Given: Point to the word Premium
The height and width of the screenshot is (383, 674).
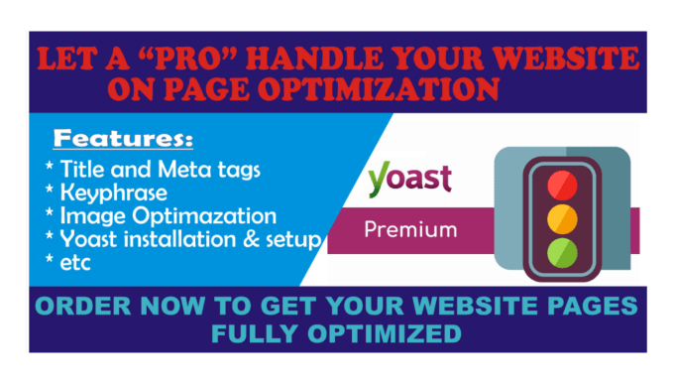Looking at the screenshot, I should click(410, 230).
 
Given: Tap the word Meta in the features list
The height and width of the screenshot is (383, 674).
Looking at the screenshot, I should click(202, 170).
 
